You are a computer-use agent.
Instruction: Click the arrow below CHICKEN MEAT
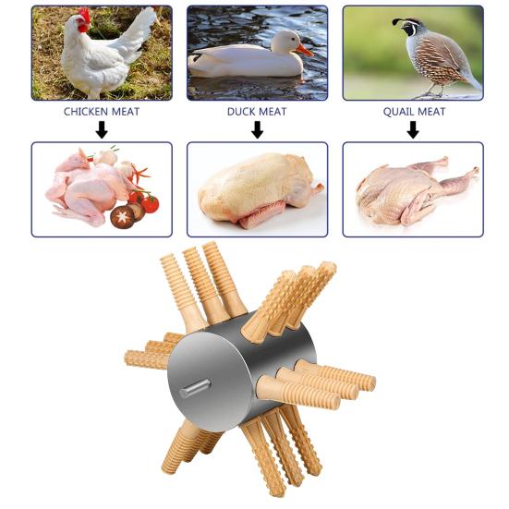[x=102, y=130]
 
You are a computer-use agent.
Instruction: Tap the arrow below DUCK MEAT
[x=257, y=130]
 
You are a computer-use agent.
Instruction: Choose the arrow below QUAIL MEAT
[x=413, y=130]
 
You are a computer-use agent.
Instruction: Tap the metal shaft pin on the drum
[x=195, y=388]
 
